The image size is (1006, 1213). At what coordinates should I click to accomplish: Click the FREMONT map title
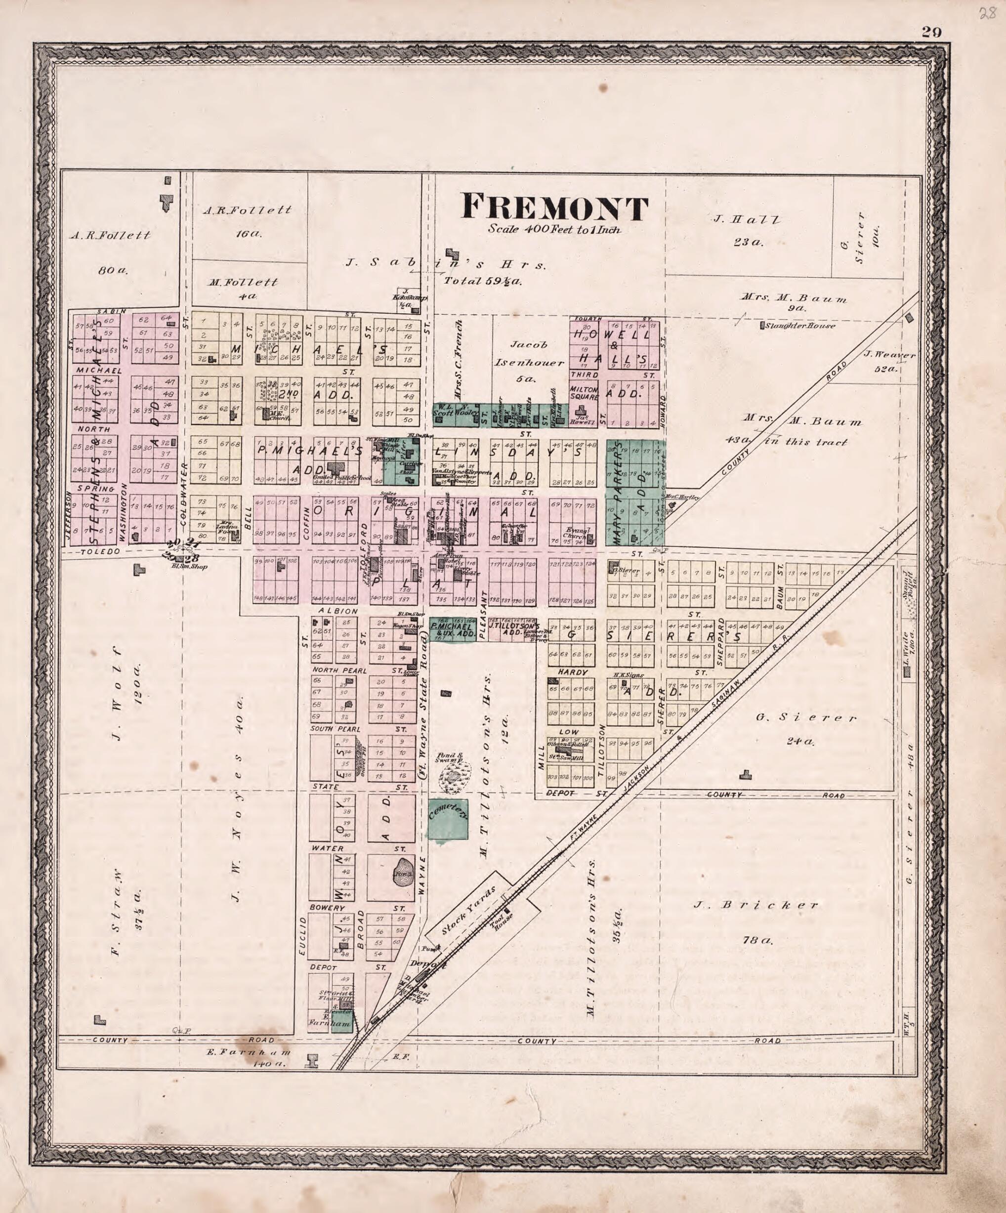click(554, 208)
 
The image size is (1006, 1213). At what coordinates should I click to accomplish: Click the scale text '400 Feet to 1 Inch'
click(554, 229)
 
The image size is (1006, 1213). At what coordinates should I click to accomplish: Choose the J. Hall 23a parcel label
click(749, 230)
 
